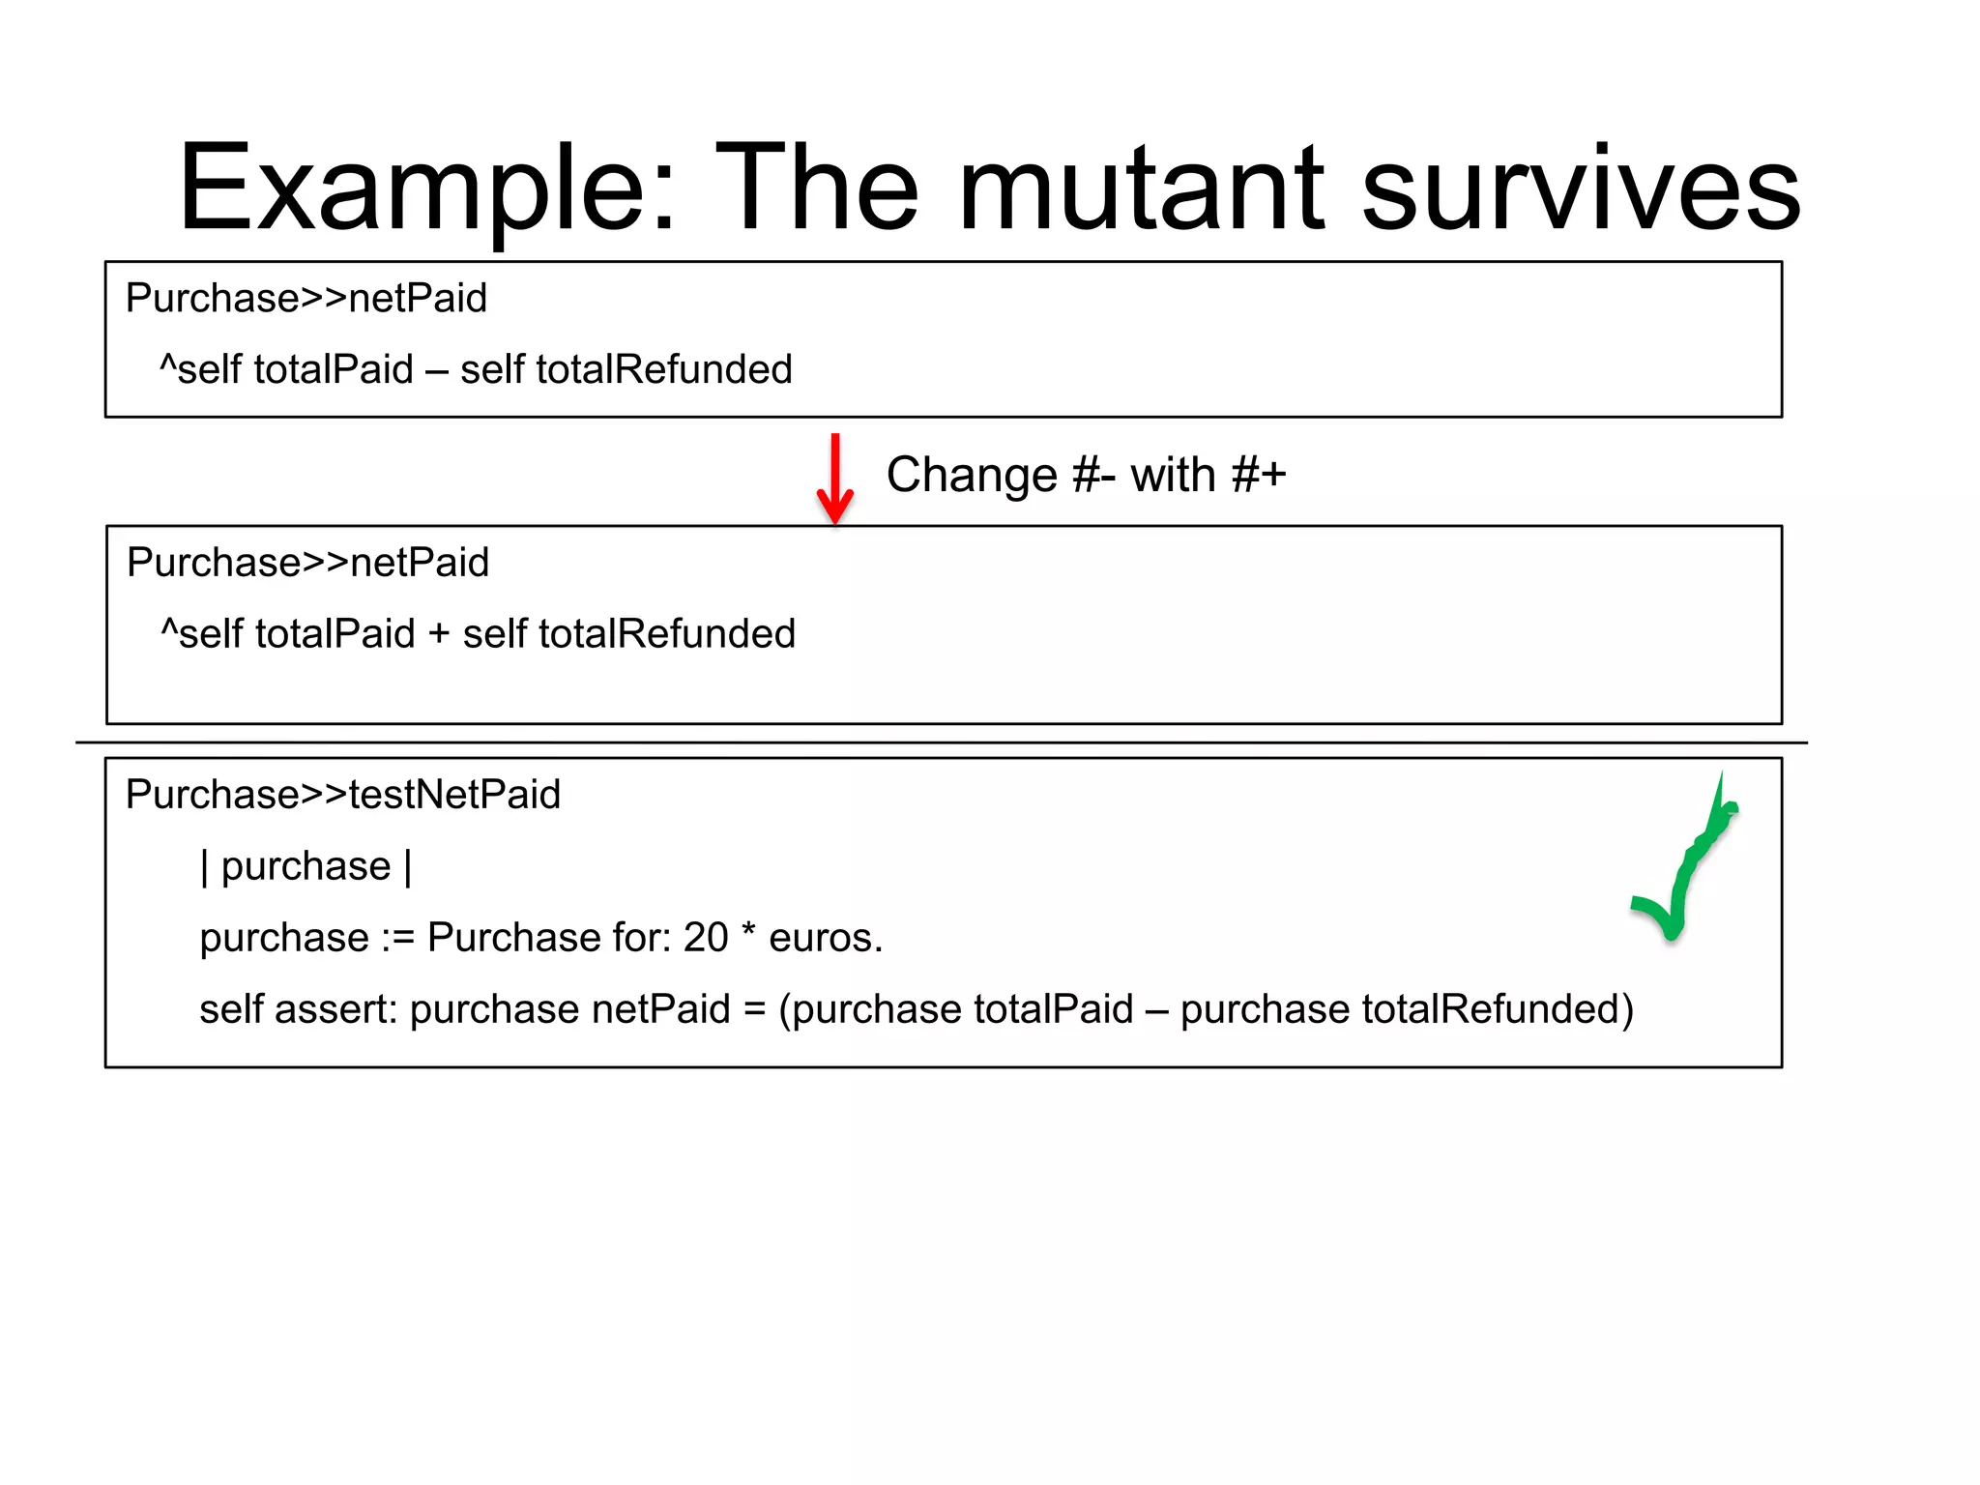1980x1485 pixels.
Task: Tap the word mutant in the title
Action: (x=1141, y=189)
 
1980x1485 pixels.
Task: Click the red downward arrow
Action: (x=835, y=479)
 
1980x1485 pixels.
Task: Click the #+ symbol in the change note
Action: (x=1259, y=475)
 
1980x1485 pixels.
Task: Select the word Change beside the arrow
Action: (x=972, y=475)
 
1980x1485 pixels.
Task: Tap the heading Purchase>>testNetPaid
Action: (x=343, y=795)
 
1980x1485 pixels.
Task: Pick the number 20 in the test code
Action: (x=706, y=938)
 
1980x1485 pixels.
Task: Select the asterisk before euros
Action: (x=748, y=933)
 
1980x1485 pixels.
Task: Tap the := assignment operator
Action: (x=397, y=938)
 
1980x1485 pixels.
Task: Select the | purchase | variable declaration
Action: (x=306, y=866)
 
